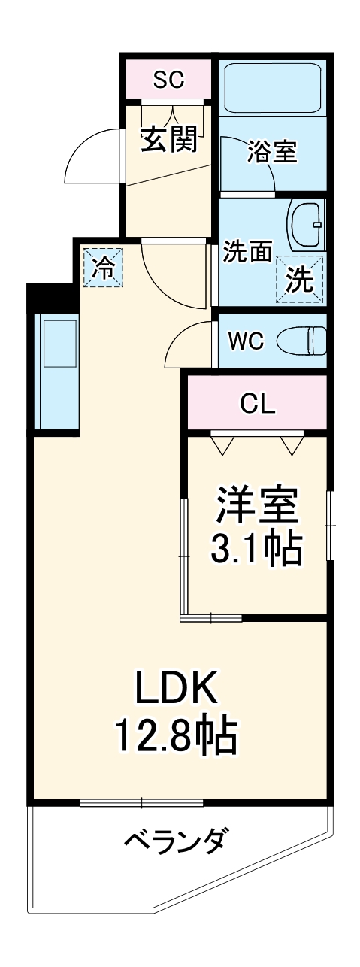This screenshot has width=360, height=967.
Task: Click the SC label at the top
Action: click(x=168, y=80)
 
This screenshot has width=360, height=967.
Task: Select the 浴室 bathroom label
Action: click(x=273, y=153)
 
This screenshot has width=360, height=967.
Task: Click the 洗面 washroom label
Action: click(x=247, y=253)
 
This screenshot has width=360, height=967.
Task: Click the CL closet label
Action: click(x=258, y=405)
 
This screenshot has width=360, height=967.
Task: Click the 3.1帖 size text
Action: click(x=258, y=550)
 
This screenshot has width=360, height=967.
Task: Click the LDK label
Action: click(x=176, y=687)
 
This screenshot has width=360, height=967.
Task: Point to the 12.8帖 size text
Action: click(x=176, y=735)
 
